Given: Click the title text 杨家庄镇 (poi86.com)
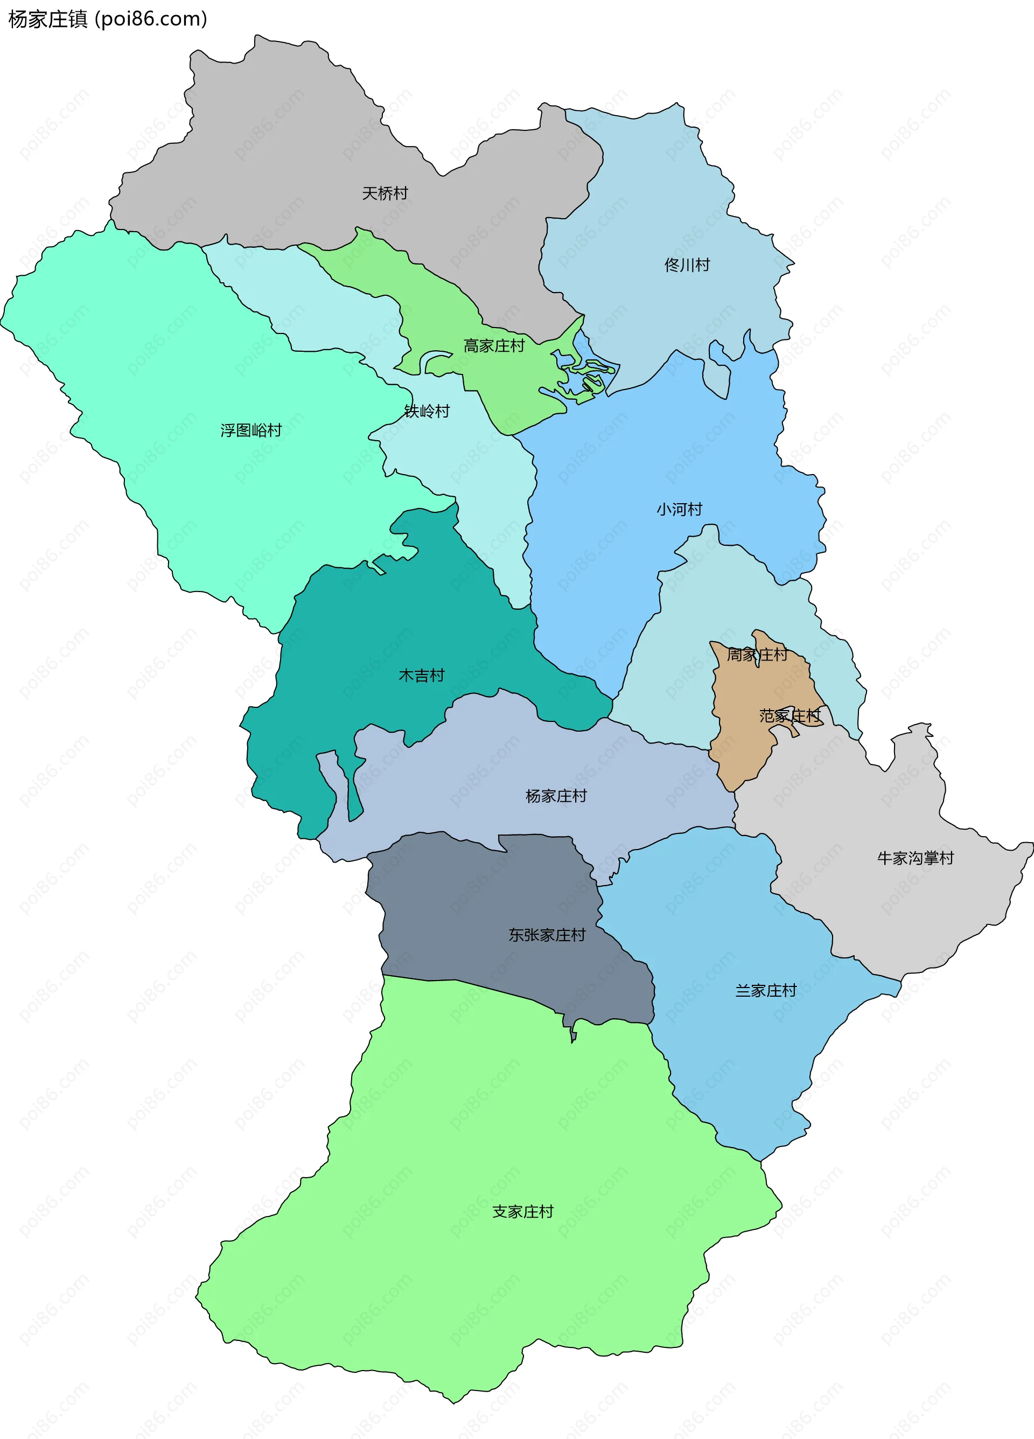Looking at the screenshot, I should click(x=108, y=19).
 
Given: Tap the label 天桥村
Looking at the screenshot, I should click(x=385, y=193).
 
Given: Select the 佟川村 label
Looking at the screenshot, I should click(x=687, y=265).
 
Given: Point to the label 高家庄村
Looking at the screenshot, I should click(x=494, y=346).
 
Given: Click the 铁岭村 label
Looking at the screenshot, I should click(x=427, y=411).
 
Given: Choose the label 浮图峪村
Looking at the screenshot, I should click(x=251, y=430).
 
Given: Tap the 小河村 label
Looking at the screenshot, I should click(x=680, y=509).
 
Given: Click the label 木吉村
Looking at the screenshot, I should click(x=421, y=675).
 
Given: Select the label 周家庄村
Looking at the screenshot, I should click(x=757, y=654).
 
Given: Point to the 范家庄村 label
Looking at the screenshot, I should click(x=790, y=715).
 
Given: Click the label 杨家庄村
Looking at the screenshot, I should click(x=556, y=796).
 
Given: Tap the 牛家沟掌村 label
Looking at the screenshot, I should click(x=916, y=858).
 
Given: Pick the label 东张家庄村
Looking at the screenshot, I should click(x=547, y=935).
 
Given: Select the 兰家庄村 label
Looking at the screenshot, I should click(x=766, y=990).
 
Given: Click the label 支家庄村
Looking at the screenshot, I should click(x=523, y=1211).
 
